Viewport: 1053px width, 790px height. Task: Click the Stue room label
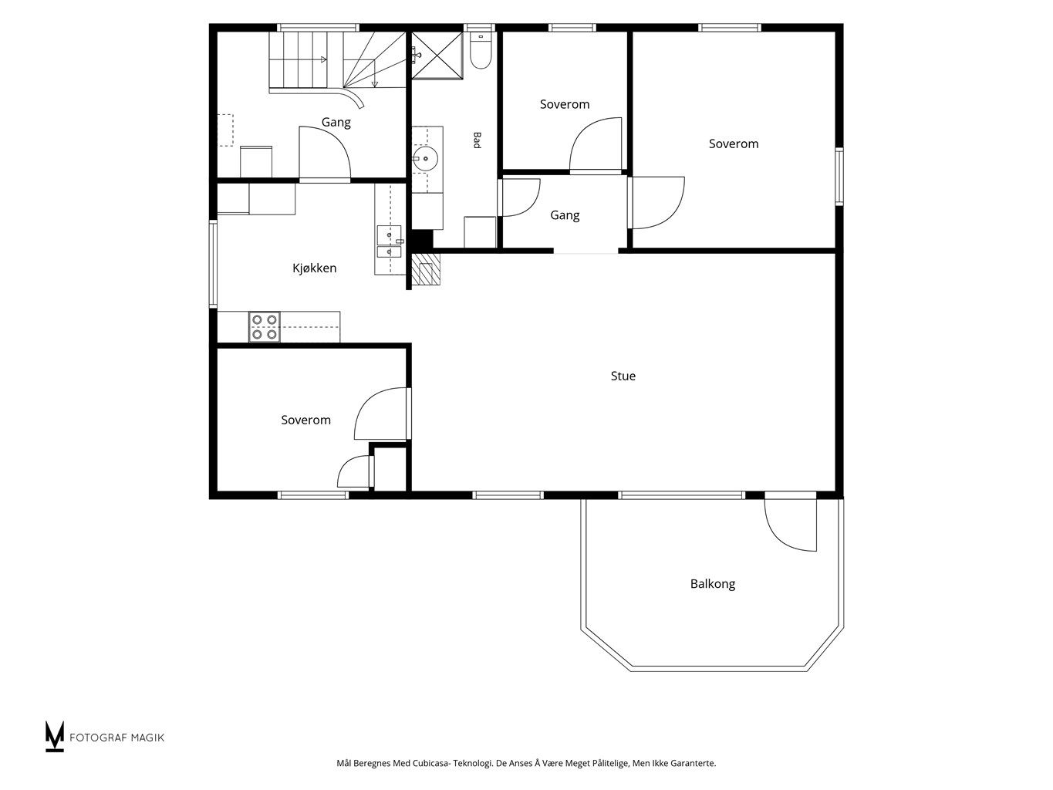pos(623,376)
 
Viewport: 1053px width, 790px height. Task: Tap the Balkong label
pos(712,584)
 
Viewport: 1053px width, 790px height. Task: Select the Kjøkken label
pos(314,268)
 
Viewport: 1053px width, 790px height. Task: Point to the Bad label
pos(477,140)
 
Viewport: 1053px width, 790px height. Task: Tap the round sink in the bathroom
pos(425,158)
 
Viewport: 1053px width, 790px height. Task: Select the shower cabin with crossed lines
pos(437,55)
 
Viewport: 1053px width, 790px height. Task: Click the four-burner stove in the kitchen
pos(265,327)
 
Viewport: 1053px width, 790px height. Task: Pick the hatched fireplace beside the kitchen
pos(426,269)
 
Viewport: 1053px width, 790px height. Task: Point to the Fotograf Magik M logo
pos(54,736)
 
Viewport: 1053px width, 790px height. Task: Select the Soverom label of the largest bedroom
pos(734,143)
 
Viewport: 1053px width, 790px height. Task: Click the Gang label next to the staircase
pos(336,123)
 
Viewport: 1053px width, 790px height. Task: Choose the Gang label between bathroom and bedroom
pos(565,215)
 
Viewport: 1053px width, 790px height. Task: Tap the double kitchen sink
pos(389,241)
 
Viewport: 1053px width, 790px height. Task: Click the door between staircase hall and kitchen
pos(325,154)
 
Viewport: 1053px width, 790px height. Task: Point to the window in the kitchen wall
pos(213,264)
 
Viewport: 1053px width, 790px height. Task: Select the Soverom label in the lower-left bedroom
pos(305,420)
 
